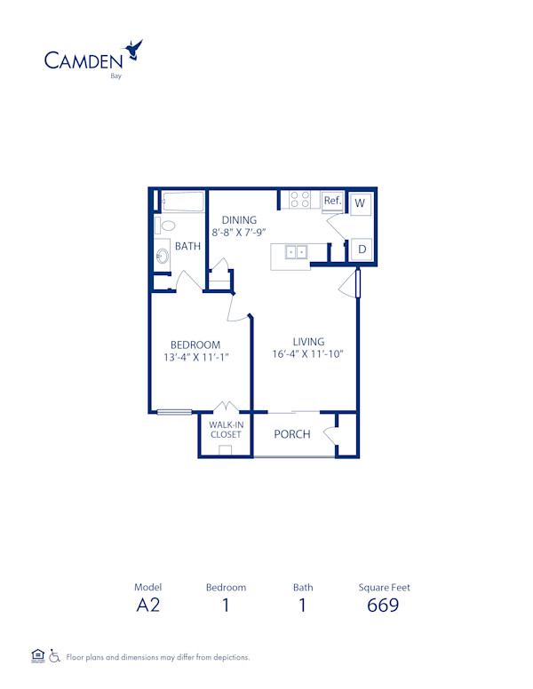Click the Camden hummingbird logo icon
(135, 50)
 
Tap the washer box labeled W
(361, 203)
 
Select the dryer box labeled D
(362, 250)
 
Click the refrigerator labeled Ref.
(332, 202)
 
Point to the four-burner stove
(300, 200)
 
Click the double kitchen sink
(297, 252)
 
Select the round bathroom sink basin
(163, 257)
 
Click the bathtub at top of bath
(183, 202)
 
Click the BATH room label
(187, 247)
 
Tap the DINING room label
(239, 220)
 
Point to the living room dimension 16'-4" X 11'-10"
(307, 354)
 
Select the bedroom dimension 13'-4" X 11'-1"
(195, 358)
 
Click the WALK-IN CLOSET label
(226, 430)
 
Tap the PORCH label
(291, 434)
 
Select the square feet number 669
(384, 606)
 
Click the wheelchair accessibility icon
(55, 657)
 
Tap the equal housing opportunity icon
(37, 656)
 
